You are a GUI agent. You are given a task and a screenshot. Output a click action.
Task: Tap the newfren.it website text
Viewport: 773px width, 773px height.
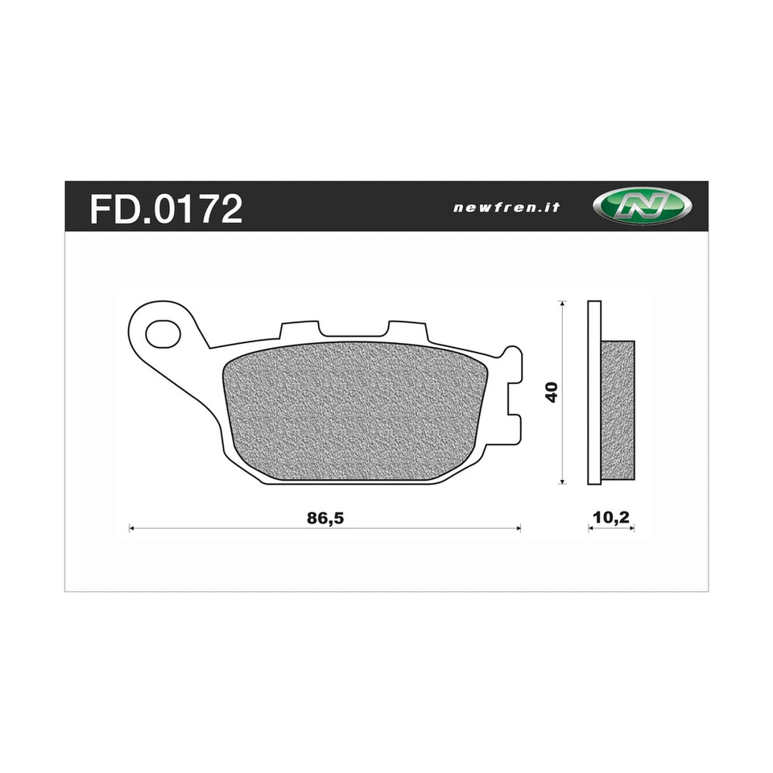pyautogui.click(x=506, y=207)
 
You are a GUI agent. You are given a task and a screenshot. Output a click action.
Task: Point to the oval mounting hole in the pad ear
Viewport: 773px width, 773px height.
pyautogui.click(x=163, y=331)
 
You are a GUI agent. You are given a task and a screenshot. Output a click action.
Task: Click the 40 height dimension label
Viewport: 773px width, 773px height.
pyautogui.click(x=552, y=392)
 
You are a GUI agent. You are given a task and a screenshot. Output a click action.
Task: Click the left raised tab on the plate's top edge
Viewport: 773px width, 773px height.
pyautogui.click(x=299, y=330)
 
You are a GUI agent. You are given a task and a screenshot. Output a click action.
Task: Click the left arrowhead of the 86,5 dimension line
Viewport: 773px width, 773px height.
pyautogui.click(x=132, y=529)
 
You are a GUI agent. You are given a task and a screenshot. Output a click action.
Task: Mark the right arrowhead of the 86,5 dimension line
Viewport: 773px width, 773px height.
pyautogui.click(x=518, y=529)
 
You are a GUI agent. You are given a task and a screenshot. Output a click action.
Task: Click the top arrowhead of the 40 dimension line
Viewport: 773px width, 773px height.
pyautogui.click(x=562, y=304)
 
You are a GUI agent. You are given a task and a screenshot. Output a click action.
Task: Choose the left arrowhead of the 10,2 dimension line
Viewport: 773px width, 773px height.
pyautogui.click(x=591, y=529)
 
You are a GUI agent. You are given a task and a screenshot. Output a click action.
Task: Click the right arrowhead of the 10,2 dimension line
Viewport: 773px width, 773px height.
pyautogui.click(x=632, y=529)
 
